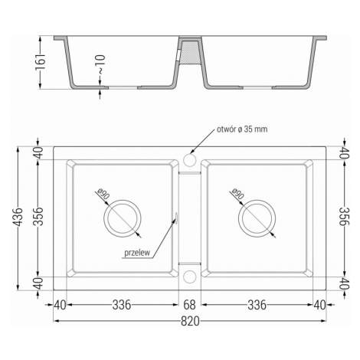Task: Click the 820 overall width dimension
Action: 190,322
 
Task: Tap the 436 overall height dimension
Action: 18,217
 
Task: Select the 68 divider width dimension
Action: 190,305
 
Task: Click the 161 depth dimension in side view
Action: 41,61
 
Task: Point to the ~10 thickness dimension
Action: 101,64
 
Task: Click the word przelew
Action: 137,253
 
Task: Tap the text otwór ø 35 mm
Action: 242,129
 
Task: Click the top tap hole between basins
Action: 190,160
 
